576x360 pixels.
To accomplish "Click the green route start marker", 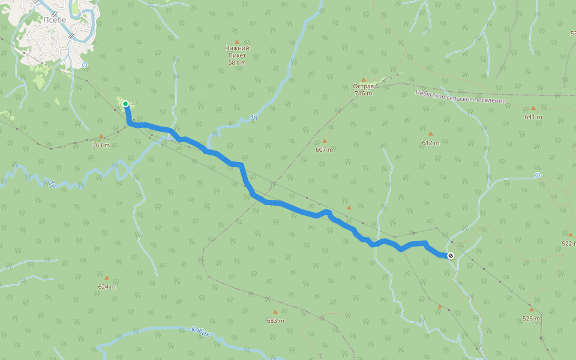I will (x=125, y=104).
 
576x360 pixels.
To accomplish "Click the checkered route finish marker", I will (x=451, y=256).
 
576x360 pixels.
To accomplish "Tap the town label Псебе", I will (x=54, y=19).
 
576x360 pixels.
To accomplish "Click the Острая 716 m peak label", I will (x=363, y=90).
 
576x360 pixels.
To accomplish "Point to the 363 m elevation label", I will (x=101, y=145).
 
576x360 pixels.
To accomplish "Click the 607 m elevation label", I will (x=324, y=149).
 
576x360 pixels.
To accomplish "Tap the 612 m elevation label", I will (x=430, y=143).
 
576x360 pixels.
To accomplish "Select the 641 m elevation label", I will (x=533, y=117).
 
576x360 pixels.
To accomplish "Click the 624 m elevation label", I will (x=107, y=287).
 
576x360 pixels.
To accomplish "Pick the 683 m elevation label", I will (x=275, y=320).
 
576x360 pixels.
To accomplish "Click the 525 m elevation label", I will (x=531, y=319).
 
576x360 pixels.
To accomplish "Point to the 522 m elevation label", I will (x=568, y=244).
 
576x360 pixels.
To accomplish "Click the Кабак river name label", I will (x=201, y=332).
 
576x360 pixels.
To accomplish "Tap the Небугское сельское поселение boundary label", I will (x=460, y=96).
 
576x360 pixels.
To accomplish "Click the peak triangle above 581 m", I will (x=237, y=41).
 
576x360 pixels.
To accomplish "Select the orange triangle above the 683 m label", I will (x=275, y=312).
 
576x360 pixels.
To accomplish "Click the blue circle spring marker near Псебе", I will (x=85, y=64).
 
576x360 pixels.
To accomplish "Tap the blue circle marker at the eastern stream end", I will (x=537, y=175).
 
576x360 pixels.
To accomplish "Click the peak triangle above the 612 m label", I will (x=430, y=134).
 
